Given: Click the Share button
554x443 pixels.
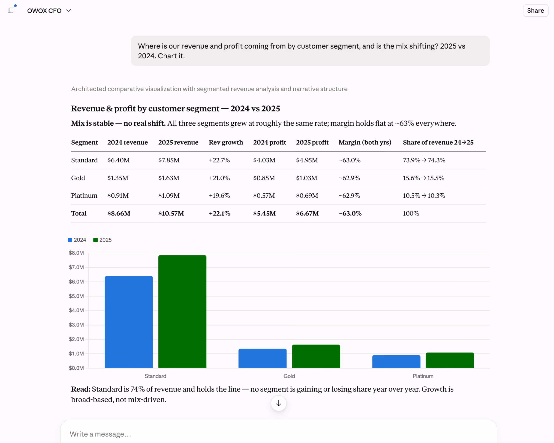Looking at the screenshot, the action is [x=536, y=11].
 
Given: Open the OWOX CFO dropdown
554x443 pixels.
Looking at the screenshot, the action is [x=49, y=11].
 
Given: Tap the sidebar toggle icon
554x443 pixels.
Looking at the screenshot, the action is [x=11, y=11].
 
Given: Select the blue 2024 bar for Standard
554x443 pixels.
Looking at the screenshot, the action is [x=129, y=322].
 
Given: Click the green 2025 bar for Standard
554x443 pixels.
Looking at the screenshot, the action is [x=182, y=311].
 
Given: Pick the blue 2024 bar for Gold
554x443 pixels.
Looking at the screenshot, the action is [x=262, y=358].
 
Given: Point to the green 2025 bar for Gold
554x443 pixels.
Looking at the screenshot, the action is [x=316, y=356].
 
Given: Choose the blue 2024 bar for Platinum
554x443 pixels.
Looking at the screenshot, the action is [x=396, y=362].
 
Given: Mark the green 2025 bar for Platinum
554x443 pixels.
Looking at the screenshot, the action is [x=450, y=360].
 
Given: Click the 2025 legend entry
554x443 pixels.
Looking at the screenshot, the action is [x=102, y=240].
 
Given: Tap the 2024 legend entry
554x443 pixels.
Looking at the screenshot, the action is [x=77, y=240].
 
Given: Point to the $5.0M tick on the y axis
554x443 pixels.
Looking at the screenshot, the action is [x=76, y=296].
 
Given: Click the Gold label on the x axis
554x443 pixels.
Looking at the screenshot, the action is [x=289, y=376].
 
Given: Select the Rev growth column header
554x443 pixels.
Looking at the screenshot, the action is [x=226, y=142].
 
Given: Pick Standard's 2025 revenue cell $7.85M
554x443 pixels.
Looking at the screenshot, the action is [x=169, y=160].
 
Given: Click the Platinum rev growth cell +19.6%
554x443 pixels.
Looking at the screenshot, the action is [x=219, y=196].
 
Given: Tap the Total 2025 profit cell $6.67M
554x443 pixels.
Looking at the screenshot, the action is [x=307, y=213].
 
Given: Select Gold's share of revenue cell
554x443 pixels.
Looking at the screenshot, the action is [x=424, y=178].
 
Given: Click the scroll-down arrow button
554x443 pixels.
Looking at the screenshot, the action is [x=279, y=403].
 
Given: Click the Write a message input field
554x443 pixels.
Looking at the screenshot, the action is [x=279, y=434].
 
